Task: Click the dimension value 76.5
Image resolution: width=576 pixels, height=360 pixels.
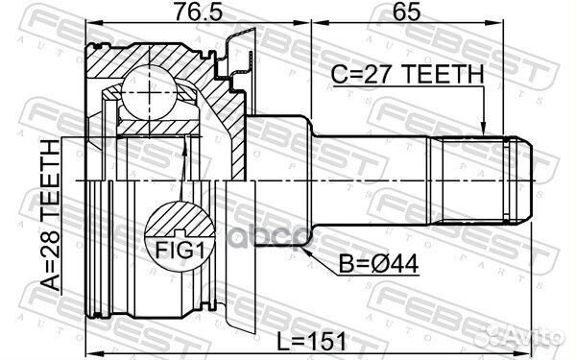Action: (199, 12)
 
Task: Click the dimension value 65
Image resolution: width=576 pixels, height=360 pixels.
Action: (406, 12)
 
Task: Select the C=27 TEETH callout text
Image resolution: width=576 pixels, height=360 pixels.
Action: (407, 74)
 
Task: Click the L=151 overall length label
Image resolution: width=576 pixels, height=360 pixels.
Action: (311, 341)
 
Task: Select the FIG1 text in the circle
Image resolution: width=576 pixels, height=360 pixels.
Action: (180, 251)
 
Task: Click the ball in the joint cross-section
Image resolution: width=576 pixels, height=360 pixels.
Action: (149, 92)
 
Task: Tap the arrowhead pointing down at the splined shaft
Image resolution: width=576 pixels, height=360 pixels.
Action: (484, 129)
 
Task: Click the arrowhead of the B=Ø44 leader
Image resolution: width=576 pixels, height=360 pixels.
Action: (305, 252)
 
